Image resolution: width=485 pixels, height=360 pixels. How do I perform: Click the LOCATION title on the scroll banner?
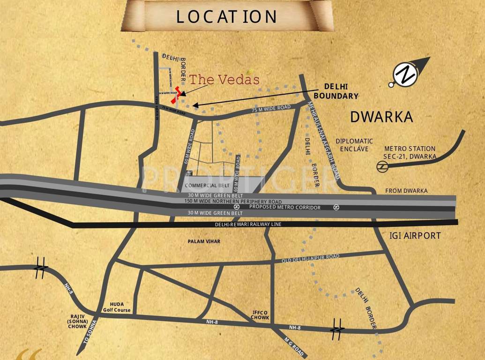coord(227,16)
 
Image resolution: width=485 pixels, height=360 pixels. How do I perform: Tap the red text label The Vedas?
coord(224,79)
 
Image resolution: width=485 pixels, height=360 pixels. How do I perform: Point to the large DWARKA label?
coord(381,117)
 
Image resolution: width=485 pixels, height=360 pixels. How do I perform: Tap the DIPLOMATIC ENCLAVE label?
coord(354,145)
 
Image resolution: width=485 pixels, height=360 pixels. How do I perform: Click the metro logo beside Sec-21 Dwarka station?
coord(382,165)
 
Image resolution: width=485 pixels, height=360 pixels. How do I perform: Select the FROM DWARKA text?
coord(406,191)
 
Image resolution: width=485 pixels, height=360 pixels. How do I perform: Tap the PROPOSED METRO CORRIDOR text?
coord(285,207)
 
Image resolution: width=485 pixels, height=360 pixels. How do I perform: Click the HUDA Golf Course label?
coord(117,307)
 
